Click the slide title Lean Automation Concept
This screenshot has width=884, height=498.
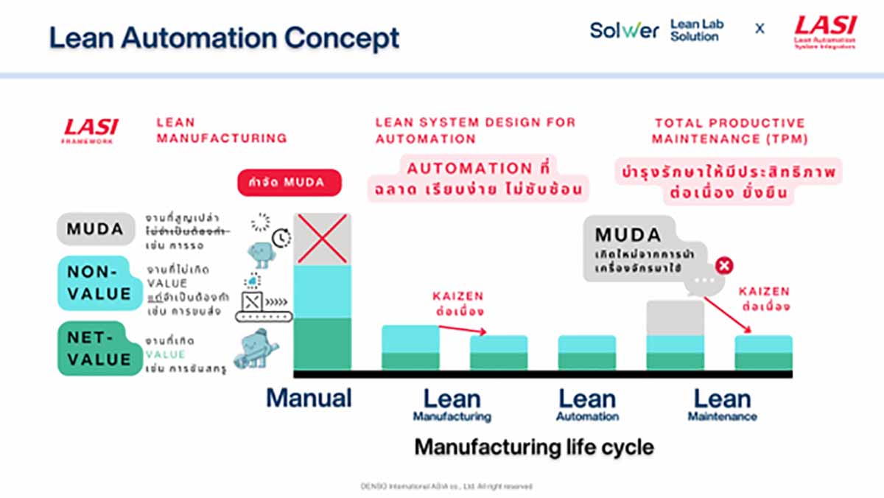pyautogui.click(x=224, y=38)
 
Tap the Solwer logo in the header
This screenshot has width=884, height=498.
pyautogui.click(x=623, y=30)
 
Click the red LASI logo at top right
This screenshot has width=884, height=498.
pyautogui.click(x=824, y=32)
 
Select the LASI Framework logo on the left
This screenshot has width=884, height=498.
pyautogui.click(x=90, y=130)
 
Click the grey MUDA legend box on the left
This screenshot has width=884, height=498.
pyautogui.click(x=94, y=229)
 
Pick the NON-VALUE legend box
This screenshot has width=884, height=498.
pyautogui.click(x=94, y=283)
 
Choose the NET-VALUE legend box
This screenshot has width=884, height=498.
pyautogui.click(x=94, y=349)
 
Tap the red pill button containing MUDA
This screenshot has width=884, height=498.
pyautogui.click(x=290, y=182)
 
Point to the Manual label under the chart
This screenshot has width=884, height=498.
pyautogui.click(x=309, y=399)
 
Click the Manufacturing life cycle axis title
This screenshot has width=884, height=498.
pyautogui.click(x=533, y=446)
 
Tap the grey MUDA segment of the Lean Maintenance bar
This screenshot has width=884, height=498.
pyautogui.click(x=675, y=318)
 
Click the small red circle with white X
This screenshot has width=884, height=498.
pyautogui.click(x=724, y=266)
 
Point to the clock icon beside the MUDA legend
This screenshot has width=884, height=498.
pyautogui.click(x=281, y=238)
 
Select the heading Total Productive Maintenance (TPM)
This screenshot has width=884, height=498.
pyautogui.click(x=729, y=130)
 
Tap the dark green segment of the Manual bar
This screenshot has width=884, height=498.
pyautogui.click(x=323, y=344)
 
